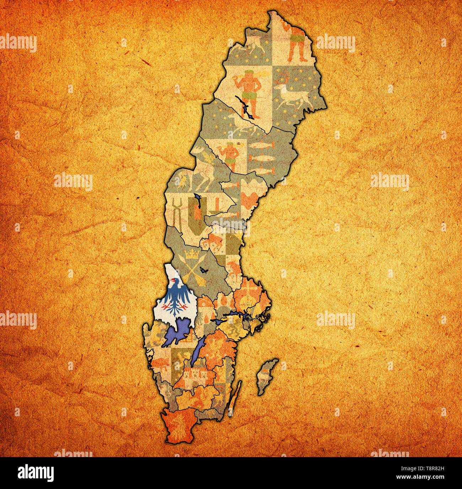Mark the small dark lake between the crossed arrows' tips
204,271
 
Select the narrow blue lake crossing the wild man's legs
246,107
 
